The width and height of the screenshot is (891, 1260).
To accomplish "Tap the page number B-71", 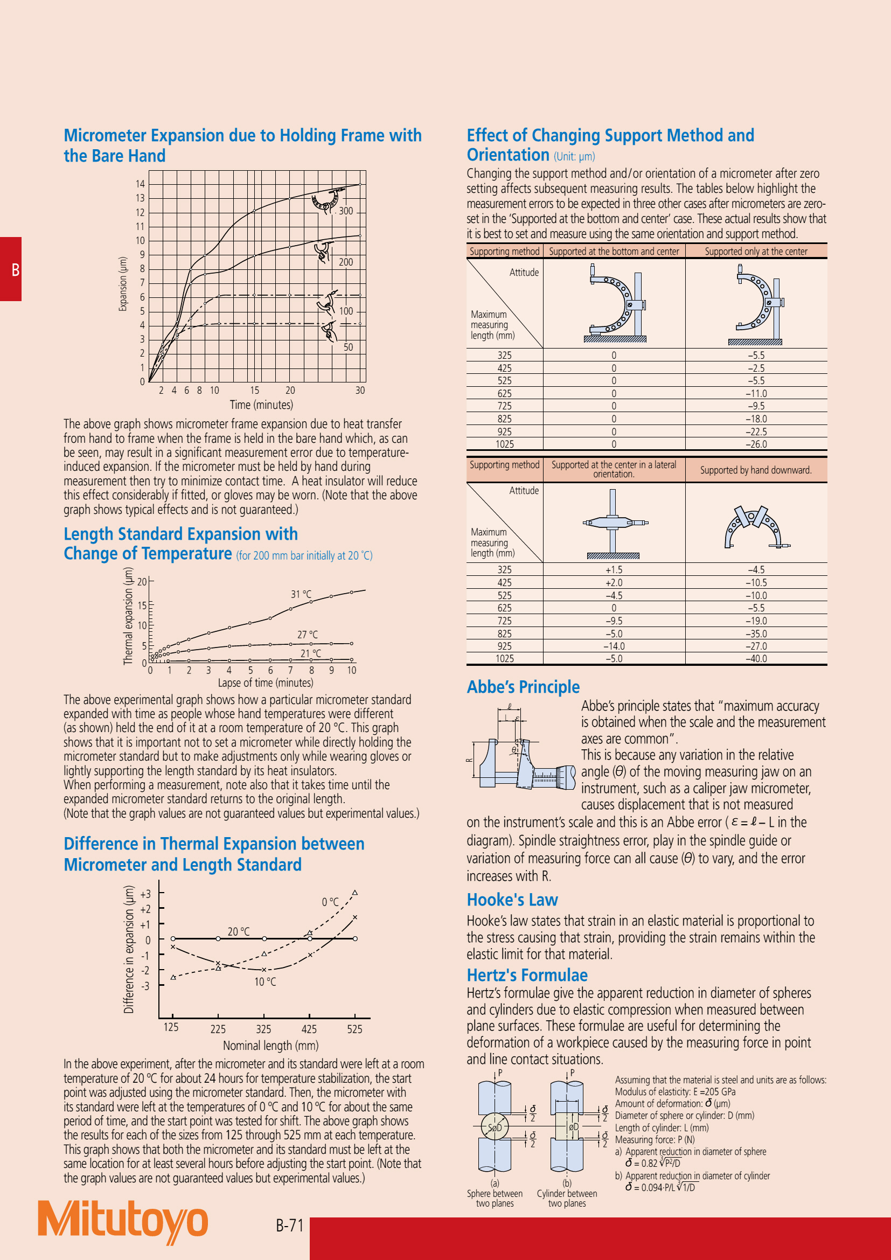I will pyautogui.click(x=289, y=1225).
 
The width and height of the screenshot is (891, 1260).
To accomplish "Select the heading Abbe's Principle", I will pyautogui.click(x=523, y=686).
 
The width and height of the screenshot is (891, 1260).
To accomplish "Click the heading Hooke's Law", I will pyautogui.click(x=512, y=900).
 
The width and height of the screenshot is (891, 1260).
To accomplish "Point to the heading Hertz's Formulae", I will pyautogui.click(x=527, y=974).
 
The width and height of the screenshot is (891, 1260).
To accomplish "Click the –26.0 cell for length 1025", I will pyautogui.click(x=756, y=444).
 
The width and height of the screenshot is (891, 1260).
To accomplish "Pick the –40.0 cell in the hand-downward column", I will pyautogui.click(x=756, y=658).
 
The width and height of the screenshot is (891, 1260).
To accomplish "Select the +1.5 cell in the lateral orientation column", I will pyautogui.click(x=614, y=569).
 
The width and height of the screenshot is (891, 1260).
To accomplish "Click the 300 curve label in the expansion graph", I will pyautogui.click(x=346, y=211).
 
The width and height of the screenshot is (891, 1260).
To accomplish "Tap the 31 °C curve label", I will pyautogui.click(x=301, y=594).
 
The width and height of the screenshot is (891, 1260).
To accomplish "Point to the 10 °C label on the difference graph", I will pyautogui.click(x=265, y=982).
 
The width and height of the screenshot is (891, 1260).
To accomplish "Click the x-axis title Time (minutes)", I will pyautogui.click(x=261, y=405).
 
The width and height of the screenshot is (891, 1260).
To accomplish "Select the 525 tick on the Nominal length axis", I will pyautogui.click(x=354, y=1029).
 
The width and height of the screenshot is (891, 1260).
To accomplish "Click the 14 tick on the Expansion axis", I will pyautogui.click(x=141, y=184).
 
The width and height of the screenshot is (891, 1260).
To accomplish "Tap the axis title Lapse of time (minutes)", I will pyautogui.click(x=266, y=683).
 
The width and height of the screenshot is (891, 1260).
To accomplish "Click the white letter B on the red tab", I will pyautogui.click(x=16, y=269).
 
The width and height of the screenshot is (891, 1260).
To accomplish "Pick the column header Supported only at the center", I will pyautogui.click(x=755, y=252).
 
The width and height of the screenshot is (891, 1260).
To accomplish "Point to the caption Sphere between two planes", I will pyautogui.click(x=495, y=1198).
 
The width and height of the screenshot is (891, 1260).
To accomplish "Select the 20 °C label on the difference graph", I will pyautogui.click(x=238, y=931).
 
